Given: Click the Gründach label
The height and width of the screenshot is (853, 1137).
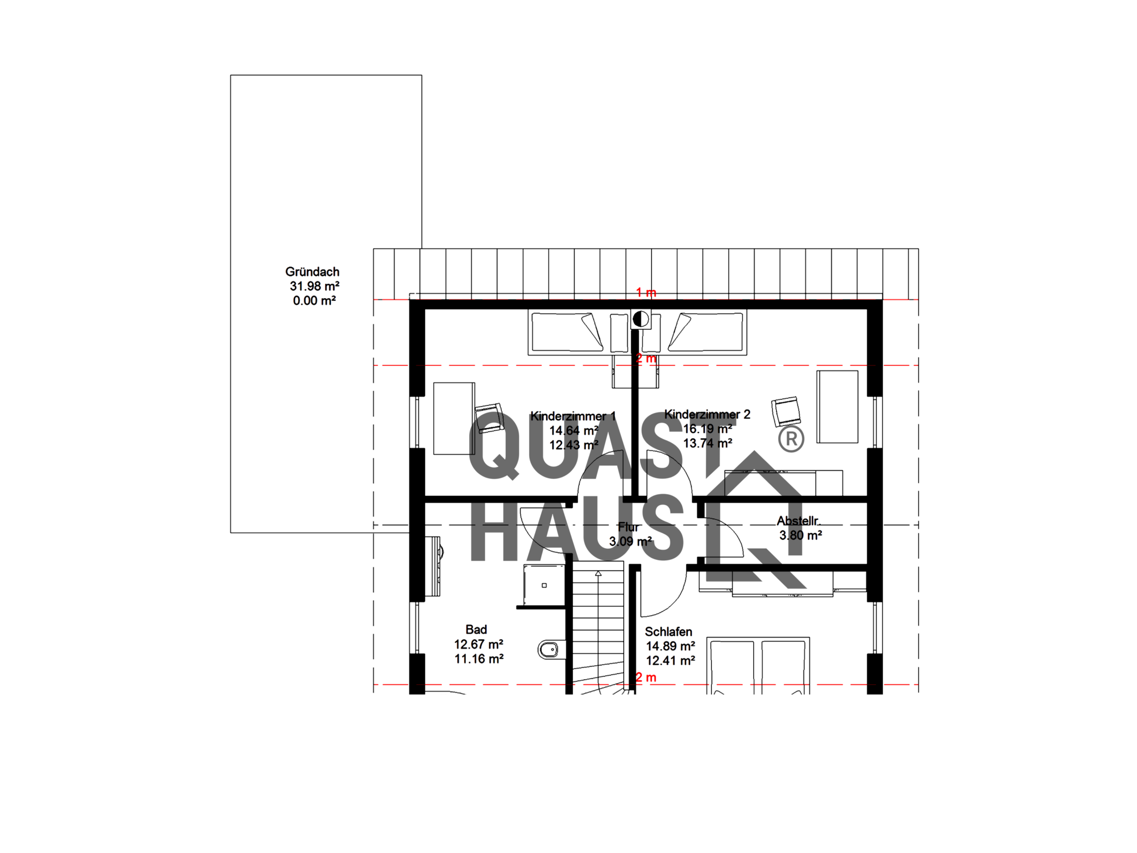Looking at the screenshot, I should click(312, 272).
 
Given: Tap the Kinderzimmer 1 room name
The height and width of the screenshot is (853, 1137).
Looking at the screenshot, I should click(573, 416).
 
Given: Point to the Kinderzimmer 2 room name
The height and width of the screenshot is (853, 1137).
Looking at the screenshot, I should click(707, 414).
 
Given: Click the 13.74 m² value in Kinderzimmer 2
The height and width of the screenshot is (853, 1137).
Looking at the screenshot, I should click(707, 443).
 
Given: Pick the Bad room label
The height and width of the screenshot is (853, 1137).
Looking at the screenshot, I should click(476, 630).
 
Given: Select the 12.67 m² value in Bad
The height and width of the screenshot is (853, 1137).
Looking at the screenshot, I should click(479, 645).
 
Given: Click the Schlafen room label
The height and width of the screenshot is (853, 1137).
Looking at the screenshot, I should click(668, 632).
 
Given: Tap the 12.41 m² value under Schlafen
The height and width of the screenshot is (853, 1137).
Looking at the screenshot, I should click(671, 661).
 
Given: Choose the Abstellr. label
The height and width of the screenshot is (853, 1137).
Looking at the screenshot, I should click(798, 521).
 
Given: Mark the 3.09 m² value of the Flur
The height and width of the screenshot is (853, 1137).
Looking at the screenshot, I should click(630, 541).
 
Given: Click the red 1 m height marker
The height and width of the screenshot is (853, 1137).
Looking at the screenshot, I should click(646, 293).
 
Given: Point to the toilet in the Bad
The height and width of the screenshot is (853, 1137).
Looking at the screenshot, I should click(548, 649).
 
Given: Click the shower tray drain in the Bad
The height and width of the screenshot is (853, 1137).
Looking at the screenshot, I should click(544, 585).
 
